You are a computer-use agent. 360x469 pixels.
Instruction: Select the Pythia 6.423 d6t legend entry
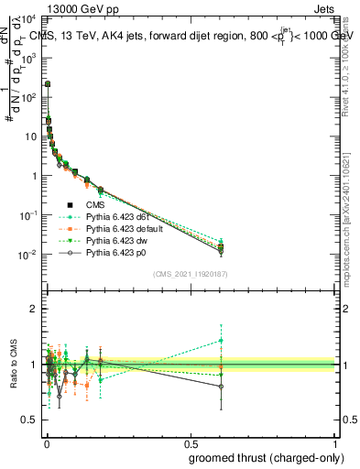tap(124, 216)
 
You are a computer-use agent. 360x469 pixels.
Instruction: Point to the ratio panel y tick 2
tap(34, 309)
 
